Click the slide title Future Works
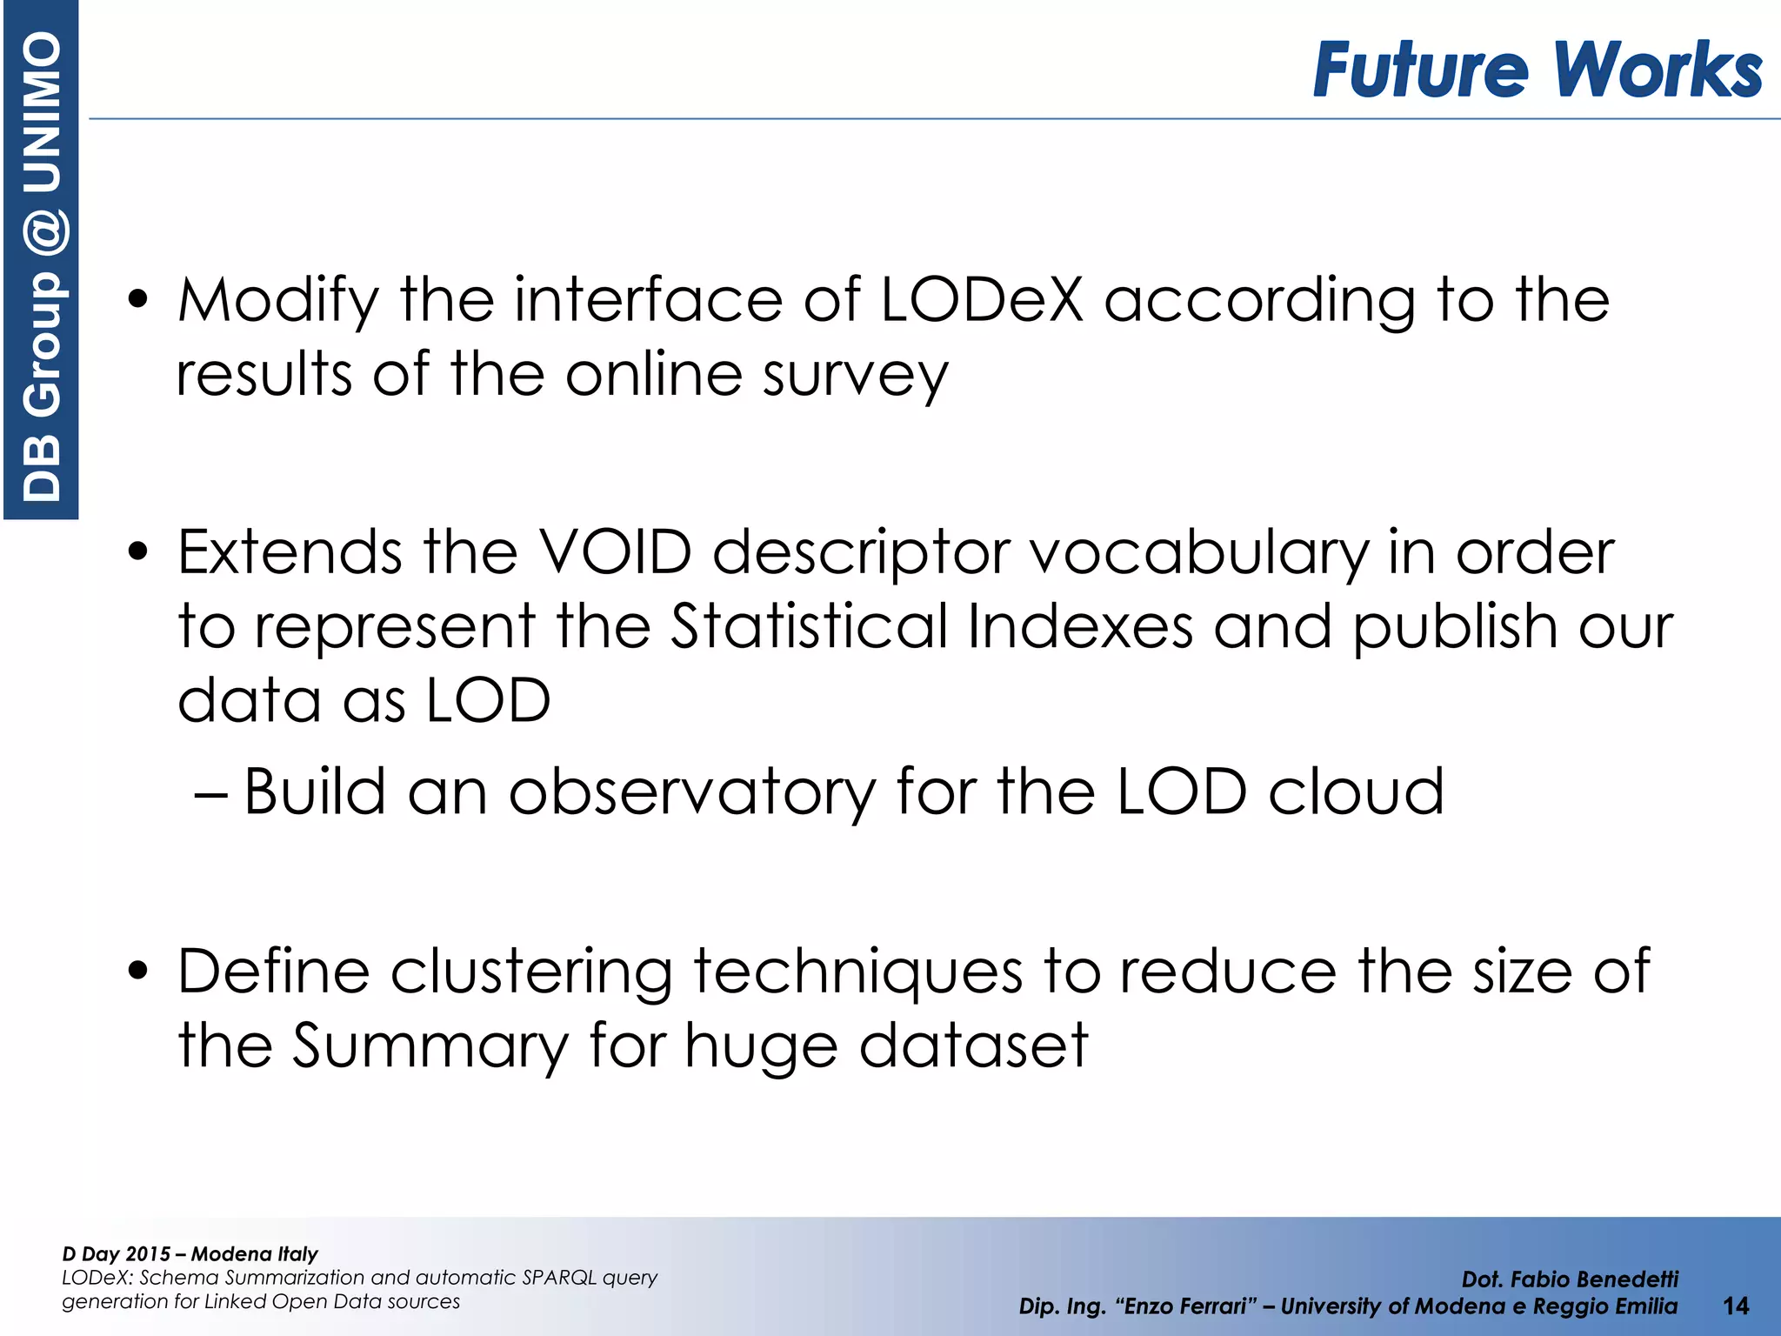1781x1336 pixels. coord(1537,69)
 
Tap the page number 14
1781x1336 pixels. coord(1736,1306)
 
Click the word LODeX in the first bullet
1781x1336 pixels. coord(982,300)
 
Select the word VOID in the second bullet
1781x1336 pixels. coord(615,552)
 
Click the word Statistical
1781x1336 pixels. coord(809,626)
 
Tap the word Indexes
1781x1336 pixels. coord(1080,626)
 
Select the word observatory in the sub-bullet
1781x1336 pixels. coord(692,792)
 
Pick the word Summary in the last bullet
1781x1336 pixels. coord(430,1045)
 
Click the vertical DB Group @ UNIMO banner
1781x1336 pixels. coord(41,261)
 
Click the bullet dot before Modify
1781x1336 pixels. coord(137,300)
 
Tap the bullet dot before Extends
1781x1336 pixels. coord(137,552)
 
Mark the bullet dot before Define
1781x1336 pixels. coord(137,972)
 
